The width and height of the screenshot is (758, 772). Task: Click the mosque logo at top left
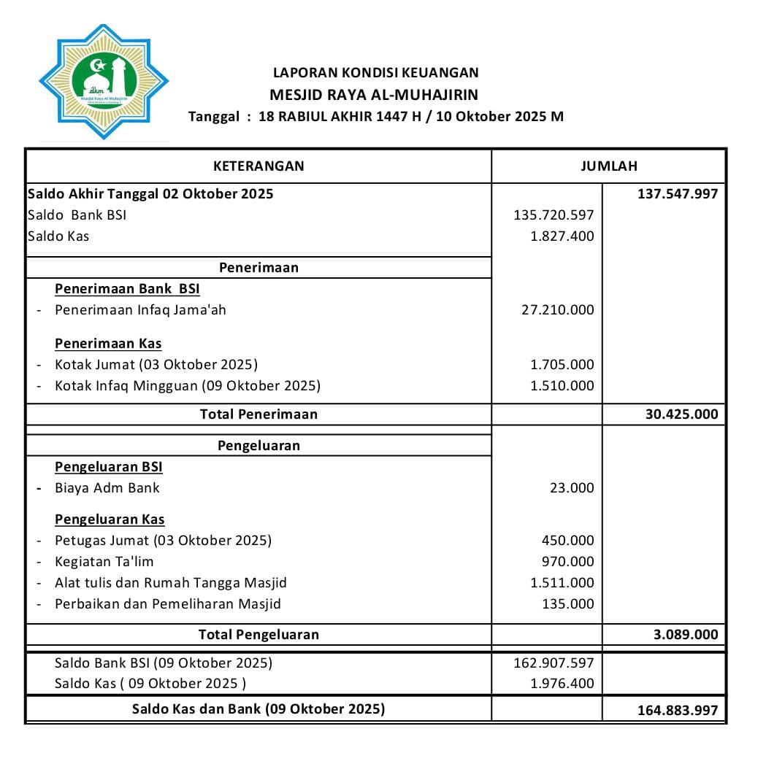tap(103, 82)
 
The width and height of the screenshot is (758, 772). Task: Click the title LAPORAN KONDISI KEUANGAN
tap(375, 72)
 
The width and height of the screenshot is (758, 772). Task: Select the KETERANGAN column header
tap(259, 166)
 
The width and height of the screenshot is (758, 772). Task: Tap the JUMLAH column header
tap(608, 166)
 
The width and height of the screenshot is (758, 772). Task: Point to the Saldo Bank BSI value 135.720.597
tap(554, 215)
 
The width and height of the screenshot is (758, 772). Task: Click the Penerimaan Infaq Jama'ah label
tap(140, 309)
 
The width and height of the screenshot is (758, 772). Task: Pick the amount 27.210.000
tap(557, 309)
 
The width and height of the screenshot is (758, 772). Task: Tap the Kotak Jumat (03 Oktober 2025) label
tap(156, 364)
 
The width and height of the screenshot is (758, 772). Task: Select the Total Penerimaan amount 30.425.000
tap(681, 414)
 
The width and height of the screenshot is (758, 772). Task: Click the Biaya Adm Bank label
tap(107, 487)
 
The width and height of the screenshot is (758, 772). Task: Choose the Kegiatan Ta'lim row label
tap(104, 562)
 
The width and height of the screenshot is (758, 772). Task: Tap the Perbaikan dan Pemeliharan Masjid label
tap(167, 603)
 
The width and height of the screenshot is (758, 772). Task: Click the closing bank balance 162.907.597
tap(554, 663)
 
